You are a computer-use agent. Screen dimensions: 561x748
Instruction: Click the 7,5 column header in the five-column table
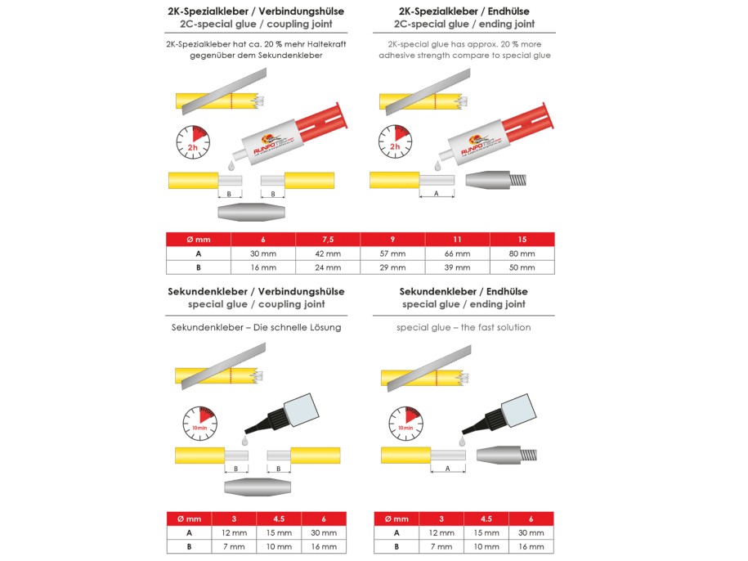coord(328,239)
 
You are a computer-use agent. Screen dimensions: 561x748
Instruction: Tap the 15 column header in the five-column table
coord(522,239)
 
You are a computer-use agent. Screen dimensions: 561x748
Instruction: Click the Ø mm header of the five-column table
coord(198,239)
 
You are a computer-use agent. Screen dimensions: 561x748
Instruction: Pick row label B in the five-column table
coord(198,267)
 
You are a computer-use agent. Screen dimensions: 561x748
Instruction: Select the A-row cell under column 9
coord(393,253)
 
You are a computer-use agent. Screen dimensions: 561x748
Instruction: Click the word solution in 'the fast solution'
coord(510,327)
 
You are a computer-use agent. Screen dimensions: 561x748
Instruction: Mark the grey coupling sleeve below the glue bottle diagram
coord(256,486)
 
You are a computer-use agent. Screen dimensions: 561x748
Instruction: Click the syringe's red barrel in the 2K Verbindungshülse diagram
coord(319,119)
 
